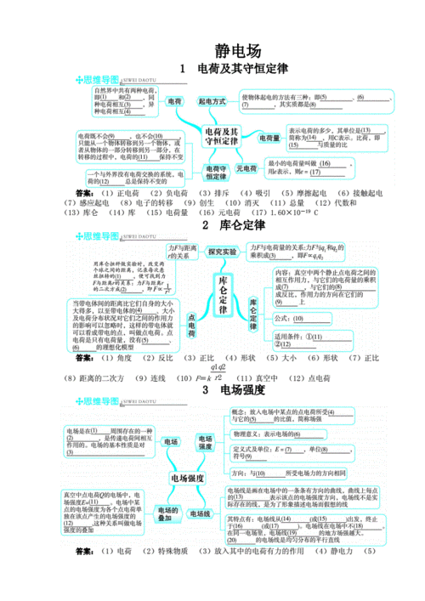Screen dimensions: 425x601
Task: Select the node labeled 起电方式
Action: (x=212, y=101)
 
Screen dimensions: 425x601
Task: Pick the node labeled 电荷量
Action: (x=269, y=138)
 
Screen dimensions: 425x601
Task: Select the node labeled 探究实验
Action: (x=223, y=252)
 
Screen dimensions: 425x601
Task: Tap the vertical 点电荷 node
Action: (x=190, y=327)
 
